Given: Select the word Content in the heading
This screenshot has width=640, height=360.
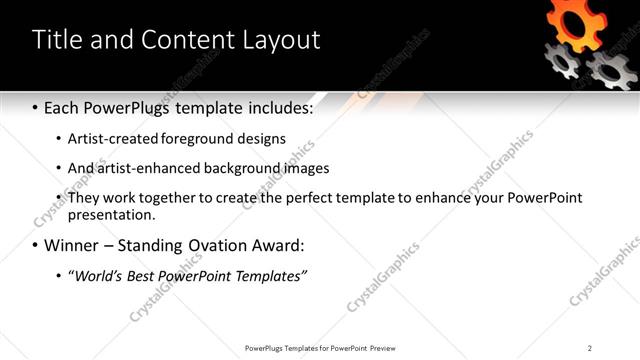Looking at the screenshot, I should pyautogui.click(x=182, y=40).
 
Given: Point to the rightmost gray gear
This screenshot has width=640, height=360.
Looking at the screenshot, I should pyautogui.click(x=611, y=70).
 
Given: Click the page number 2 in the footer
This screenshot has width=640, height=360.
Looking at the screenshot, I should pyautogui.click(x=590, y=348).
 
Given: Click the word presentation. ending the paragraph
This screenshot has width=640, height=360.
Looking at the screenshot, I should pyautogui.click(x=112, y=214).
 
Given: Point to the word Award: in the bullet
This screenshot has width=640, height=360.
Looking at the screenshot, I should pyautogui.click(x=278, y=245).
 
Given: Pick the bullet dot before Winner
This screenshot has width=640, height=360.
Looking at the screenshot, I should pyautogui.click(x=36, y=245).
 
